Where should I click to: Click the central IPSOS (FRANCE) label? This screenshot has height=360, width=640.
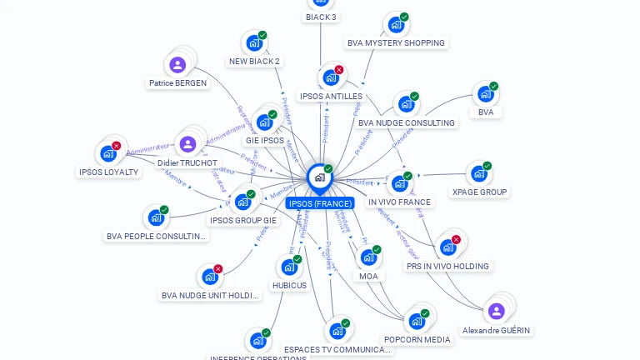coord(320,203)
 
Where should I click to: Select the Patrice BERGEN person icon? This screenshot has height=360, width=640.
coord(177,64)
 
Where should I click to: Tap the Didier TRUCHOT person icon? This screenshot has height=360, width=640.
coord(188,144)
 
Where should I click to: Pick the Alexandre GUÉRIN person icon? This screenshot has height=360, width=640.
coord(497,311)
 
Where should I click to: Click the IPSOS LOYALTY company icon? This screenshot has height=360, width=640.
coord(107,153)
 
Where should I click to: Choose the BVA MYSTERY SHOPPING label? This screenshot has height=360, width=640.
coord(396,43)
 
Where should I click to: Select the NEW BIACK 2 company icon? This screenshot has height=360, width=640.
coord(253,42)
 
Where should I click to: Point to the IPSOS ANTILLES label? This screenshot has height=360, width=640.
coord(331,97)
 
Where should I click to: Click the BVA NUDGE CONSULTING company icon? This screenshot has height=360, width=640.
coord(406,104)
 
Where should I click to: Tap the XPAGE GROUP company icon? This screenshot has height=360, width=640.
coord(478,173)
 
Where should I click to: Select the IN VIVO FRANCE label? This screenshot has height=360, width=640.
coord(399,202)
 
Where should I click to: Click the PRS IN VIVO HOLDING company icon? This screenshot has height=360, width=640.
coord(447,247)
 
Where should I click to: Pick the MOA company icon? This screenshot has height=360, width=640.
coord(367,257)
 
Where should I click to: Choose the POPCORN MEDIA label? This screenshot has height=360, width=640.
coord(417,340)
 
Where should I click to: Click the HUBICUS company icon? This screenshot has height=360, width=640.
coord(288,267)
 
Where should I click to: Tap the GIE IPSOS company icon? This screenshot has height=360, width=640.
coord(264,122)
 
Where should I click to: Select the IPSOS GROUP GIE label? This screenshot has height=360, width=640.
coord(243,221)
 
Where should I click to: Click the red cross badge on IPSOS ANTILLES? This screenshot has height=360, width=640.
coord(339,70)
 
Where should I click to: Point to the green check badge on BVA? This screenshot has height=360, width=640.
coord(493,86)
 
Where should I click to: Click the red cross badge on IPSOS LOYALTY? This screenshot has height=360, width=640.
coord(116,146)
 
